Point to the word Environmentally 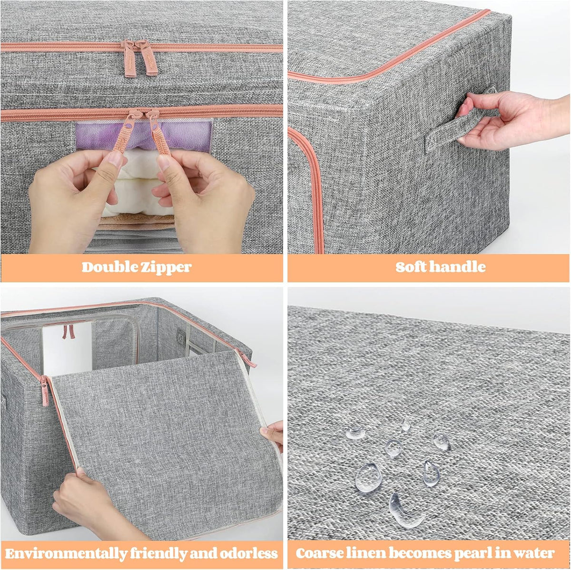tap(66, 554)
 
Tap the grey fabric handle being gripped tap(453, 128)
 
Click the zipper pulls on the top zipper tap(140, 58)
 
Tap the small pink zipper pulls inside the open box tap(69, 331)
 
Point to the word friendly tap(158, 554)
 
